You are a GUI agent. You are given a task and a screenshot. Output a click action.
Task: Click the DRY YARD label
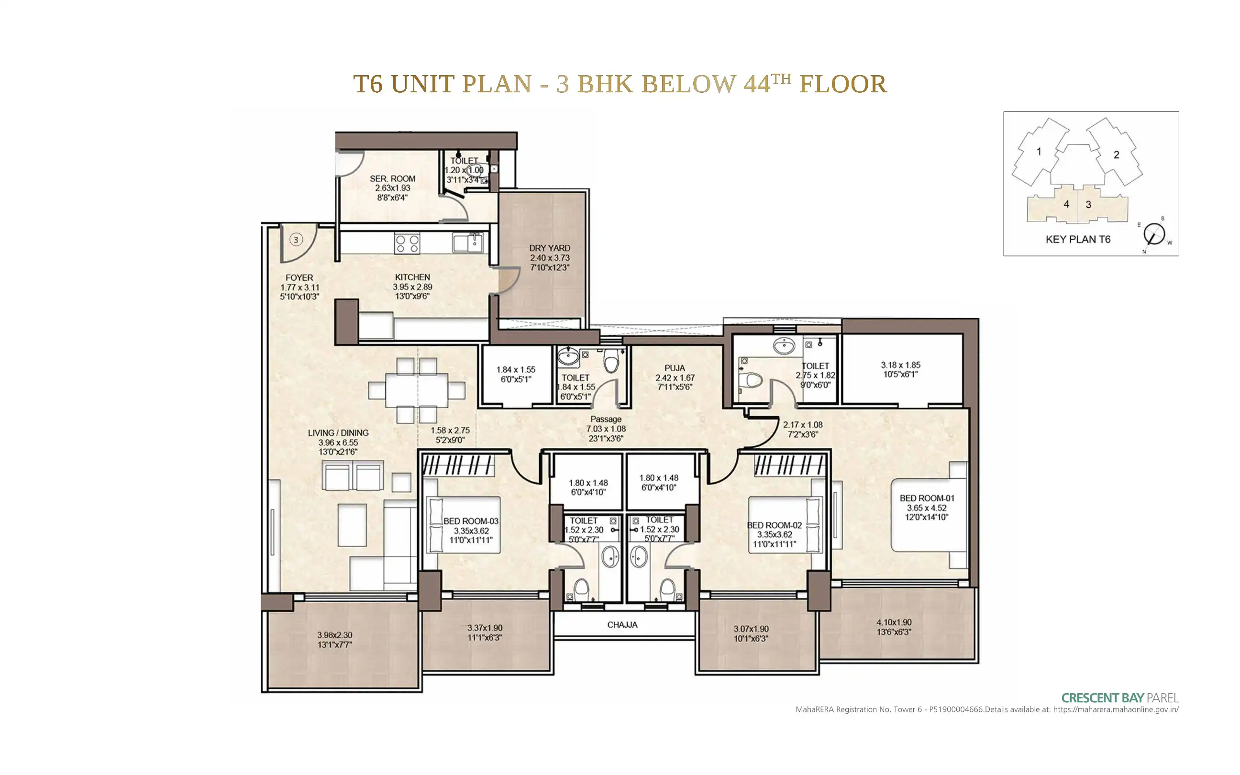pyautogui.click(x=549, y=248)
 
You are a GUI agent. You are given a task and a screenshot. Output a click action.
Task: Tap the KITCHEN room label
pyautogui.click(x=412, y=277)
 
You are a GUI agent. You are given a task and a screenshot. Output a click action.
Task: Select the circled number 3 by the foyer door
pyautogui.click(x=296, y=239)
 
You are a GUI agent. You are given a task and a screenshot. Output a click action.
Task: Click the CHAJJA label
pyautogui.click(x=622, y=625)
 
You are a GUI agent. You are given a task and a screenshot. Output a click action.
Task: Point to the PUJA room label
pyautogui.click(x=675, y=368)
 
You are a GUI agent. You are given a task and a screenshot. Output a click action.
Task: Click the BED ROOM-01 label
pyautogui.click(x=927, y=498)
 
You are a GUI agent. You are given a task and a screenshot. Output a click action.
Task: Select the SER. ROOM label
pyautogui.click(x=392, y=179)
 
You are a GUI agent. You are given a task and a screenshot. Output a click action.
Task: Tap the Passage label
pyautogui.click(x=606, y=419)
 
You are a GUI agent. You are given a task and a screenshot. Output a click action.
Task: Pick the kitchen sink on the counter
pyautogui.click(x=468, y=243)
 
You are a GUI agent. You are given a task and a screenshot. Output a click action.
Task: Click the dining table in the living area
pyautogui.click(x=417, y=390)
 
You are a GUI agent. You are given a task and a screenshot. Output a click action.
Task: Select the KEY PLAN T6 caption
pyautogui.click(x=1078, y=239)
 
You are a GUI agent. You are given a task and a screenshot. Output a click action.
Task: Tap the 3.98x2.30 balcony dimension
pyautogui.click(x=334, y=635)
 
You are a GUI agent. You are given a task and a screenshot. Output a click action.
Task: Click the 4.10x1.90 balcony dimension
pyautogui.click(x=894, y=623)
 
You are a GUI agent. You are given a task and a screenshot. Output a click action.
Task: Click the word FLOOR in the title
pyautogui.click(x=843, y=84)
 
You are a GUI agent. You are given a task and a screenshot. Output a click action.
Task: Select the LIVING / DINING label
pyautogui.click(x=338, y=433)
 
